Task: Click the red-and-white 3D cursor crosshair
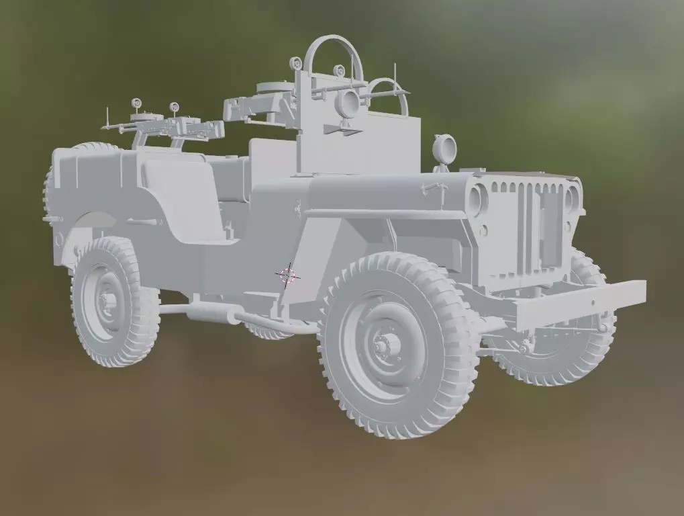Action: (288, 274)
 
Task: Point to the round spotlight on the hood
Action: (444, 148)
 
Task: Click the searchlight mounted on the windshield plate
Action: (348, 104)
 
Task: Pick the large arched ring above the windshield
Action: (333, 57)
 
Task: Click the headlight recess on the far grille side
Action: (571, 200)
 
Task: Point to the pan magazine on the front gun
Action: (275, 87)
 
